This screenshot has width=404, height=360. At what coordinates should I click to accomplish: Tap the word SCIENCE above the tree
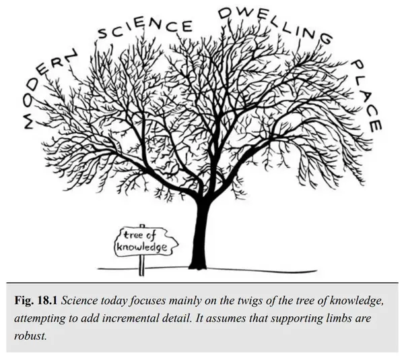tap(145, 29)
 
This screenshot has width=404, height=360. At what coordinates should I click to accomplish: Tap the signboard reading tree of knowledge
tap(146, 242)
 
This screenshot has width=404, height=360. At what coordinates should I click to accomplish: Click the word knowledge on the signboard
tap(142, 247)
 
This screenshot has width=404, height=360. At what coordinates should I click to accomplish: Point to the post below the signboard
tap(141, 266)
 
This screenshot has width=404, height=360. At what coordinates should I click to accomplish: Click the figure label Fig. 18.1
tap(36, 301)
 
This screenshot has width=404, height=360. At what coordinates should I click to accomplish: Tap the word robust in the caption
tap(30, 336)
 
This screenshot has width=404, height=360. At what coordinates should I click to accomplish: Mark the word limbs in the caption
tap(340, 318)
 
